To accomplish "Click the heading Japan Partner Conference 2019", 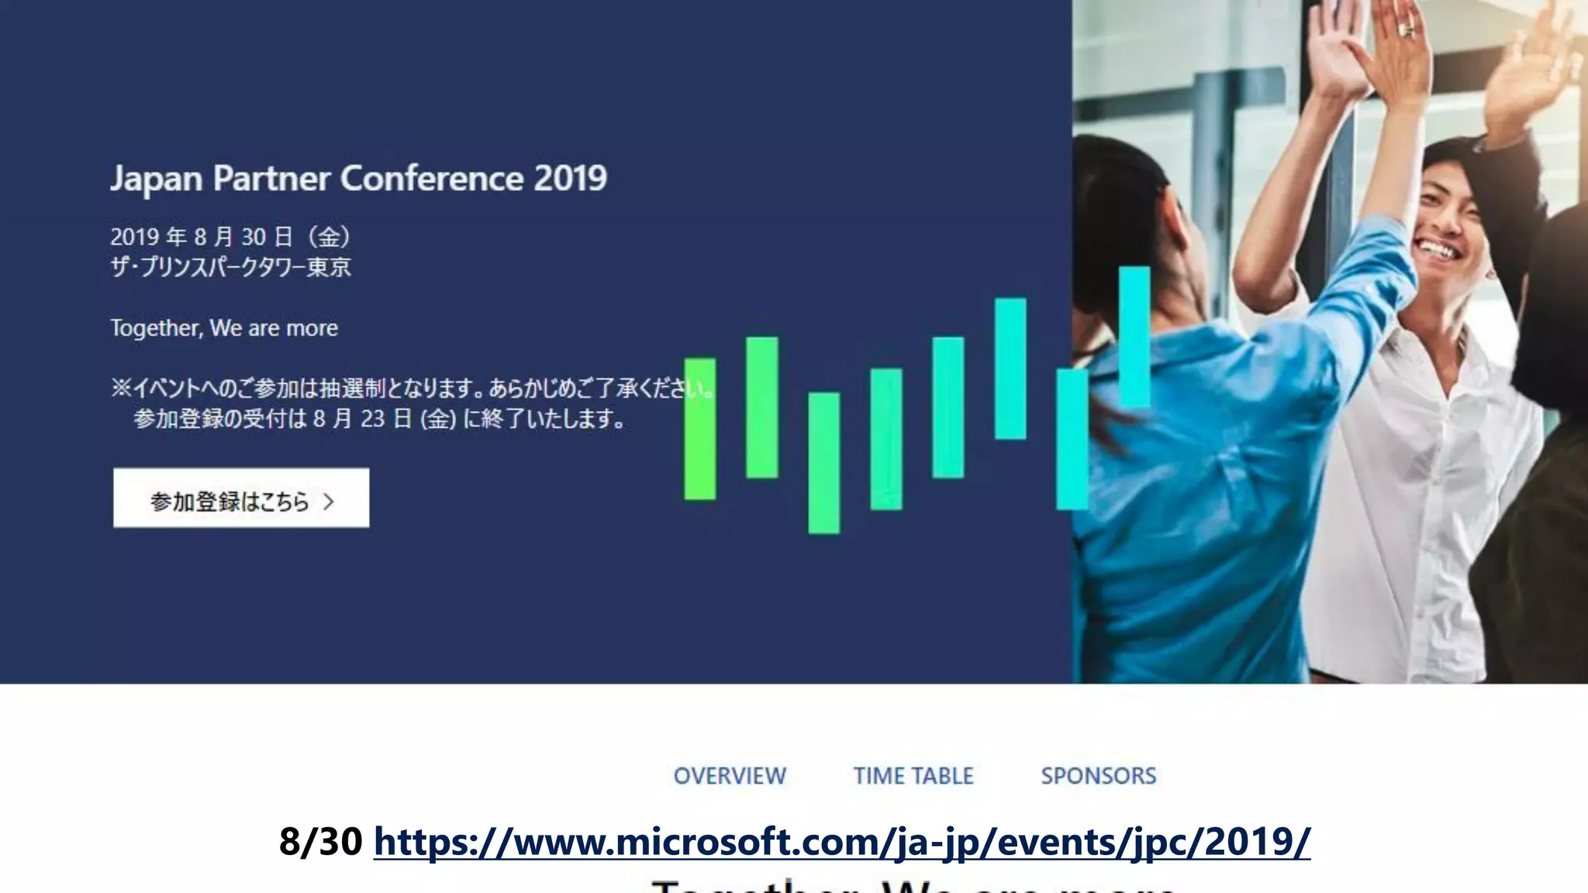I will click(358, 179).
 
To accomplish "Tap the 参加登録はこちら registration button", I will click(241, 498).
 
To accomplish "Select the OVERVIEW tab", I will click(730, 776).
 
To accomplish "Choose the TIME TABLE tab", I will click(913, 776).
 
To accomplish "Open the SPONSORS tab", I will click(1098, 776).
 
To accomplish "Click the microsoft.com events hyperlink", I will click(842, 842).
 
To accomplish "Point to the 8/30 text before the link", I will click(320, 842).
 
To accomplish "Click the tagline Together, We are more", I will click(224, 328).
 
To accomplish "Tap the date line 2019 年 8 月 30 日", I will click(230, 236).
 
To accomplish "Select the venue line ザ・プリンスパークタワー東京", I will click(230, 267).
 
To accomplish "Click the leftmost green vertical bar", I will click(700, 429).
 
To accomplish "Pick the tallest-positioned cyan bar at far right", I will click(1134, 337).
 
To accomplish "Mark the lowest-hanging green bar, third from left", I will click(823, 463).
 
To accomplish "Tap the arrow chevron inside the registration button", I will click(329, 502).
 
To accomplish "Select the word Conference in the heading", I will click(432, 179).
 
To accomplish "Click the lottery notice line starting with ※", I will click(411, 388).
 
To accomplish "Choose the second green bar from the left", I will click(762, 407).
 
